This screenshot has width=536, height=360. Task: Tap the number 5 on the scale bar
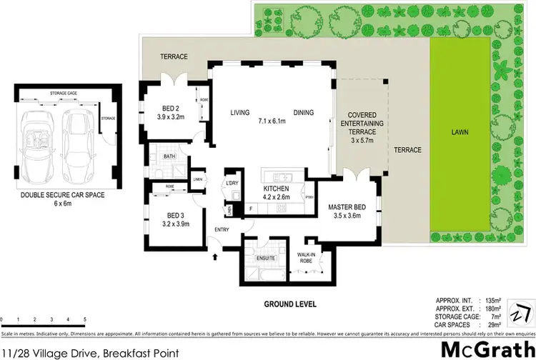(x=85, y=319)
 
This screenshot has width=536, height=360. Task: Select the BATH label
(x=169, y=156)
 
